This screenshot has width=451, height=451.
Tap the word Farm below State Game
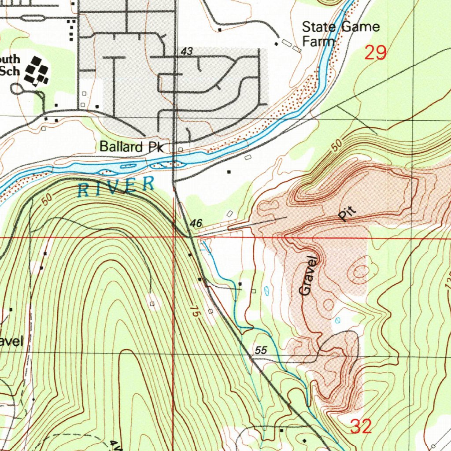[x=318, y=42]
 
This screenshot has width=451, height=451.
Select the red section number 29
[x=376, y=53]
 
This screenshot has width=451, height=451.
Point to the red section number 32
[x=361, y=426]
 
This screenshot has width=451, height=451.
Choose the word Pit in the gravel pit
[x=347, y=214]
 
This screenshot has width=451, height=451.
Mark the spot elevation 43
[x=187, y=52]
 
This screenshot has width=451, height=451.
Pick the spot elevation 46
[x=196, y=224]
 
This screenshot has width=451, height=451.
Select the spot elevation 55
[x=261, y=350]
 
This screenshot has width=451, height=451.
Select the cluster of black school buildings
[x=37, y=70]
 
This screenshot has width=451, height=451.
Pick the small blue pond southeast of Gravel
[x=337, y=320]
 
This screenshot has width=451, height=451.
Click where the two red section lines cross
[x=174, y=237]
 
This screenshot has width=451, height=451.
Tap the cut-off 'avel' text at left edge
[x=11, y=341]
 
